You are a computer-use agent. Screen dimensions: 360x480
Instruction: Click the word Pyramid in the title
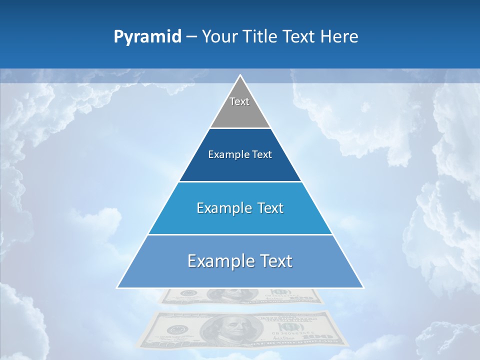(147, 37)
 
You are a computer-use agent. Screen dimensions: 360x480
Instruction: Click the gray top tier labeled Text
(240, 107)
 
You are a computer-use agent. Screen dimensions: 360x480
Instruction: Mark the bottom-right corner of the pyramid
(363, 287)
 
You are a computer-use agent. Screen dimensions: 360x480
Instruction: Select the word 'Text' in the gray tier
(239, 101)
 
